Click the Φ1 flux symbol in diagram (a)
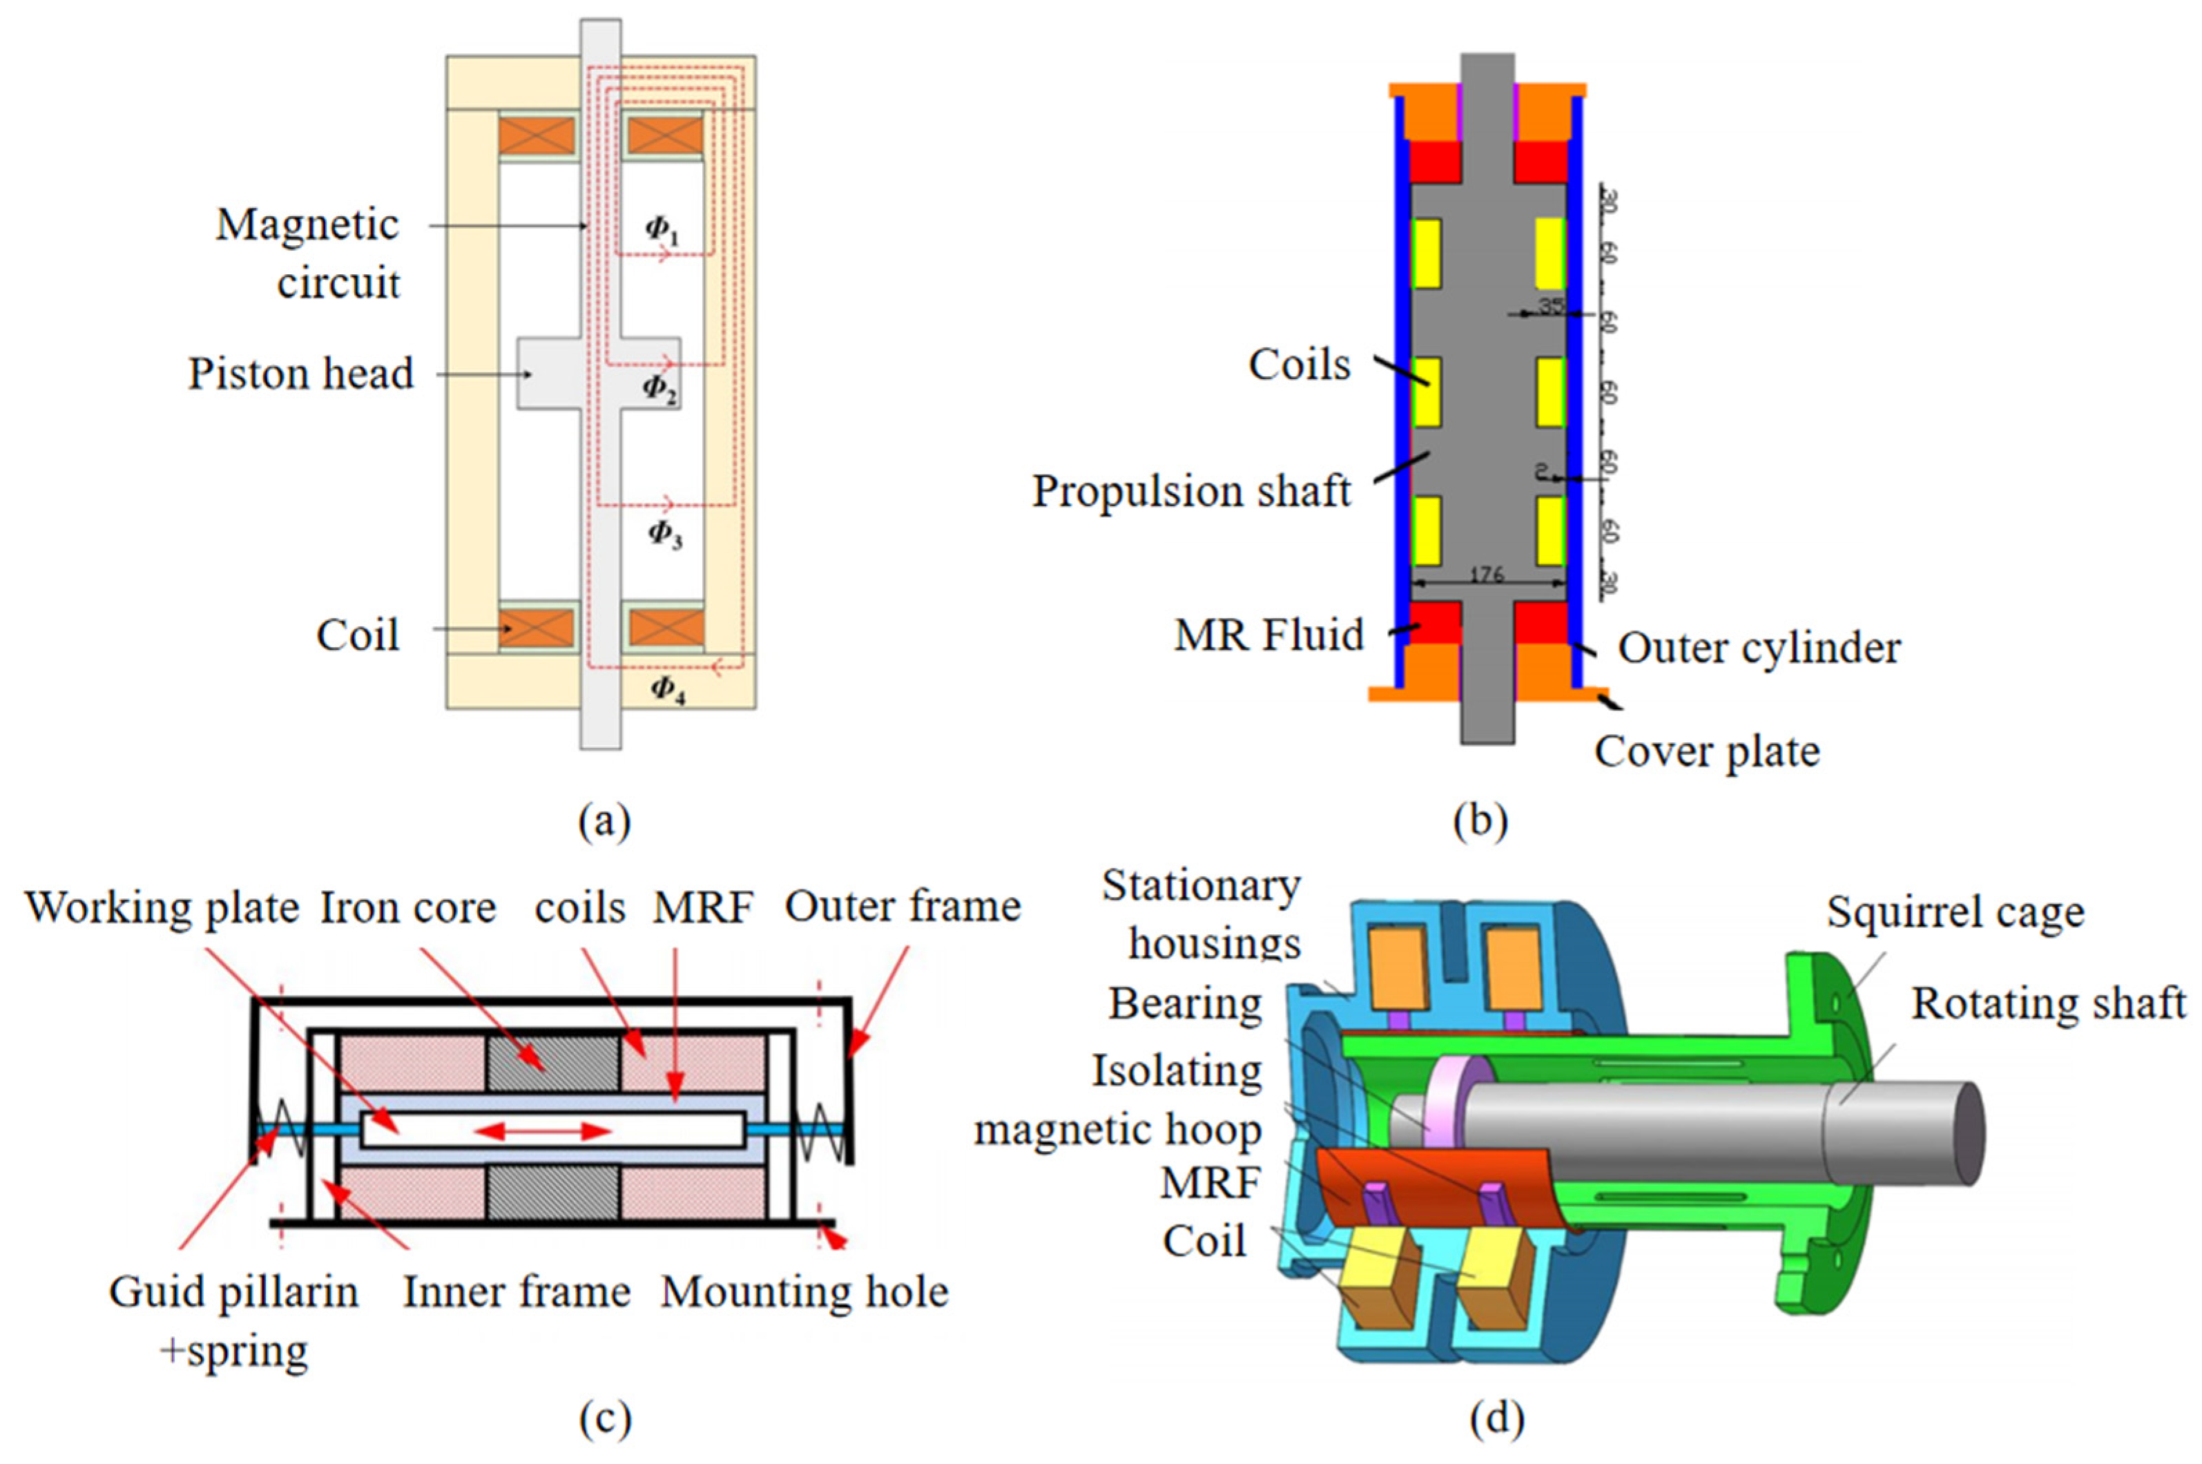661,231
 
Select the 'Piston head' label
300,374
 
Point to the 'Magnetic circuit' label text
307,253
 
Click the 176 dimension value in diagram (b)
1486,575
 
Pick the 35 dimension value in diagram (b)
1550,305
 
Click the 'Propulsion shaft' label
1190,491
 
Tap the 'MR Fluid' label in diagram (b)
1268,635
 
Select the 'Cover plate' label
1706,751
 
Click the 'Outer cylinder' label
1759,648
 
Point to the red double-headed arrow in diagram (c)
544,1132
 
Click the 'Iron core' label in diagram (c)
408,907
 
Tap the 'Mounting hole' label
804,1292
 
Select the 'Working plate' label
162,907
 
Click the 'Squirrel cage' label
1955,912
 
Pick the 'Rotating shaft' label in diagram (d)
2048,1003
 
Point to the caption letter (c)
605,1419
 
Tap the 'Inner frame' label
516,1292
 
